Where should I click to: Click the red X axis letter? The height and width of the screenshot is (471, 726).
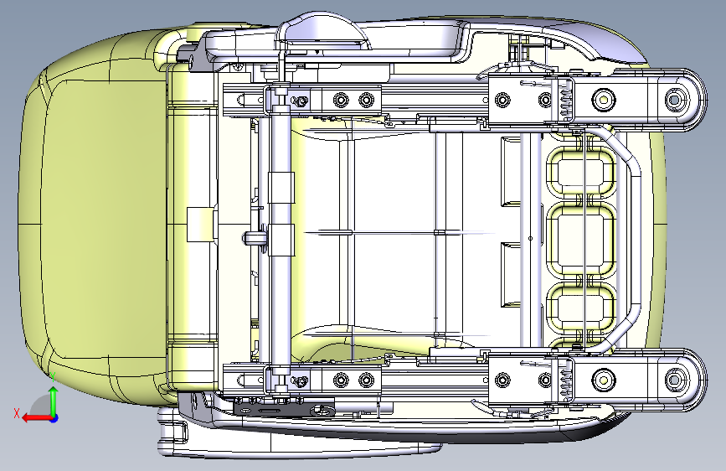[17, 413]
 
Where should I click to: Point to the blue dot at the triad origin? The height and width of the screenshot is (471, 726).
[54, 417]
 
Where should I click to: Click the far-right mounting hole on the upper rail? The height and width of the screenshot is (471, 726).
[674, 100]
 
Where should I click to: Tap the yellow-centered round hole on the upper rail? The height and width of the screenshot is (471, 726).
[602, 99]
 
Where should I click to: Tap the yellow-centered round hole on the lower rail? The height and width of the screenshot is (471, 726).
[602, 381]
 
